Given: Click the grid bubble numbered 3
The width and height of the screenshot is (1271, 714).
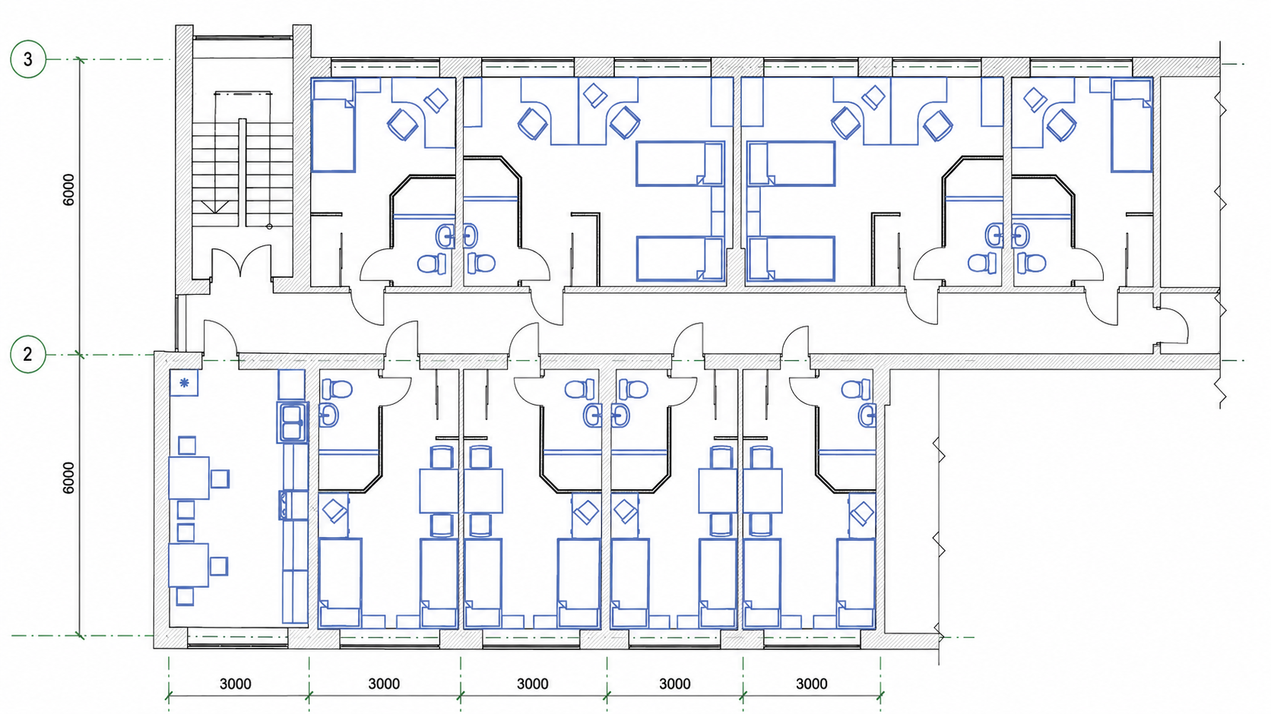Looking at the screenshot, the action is click(x=28, y=59).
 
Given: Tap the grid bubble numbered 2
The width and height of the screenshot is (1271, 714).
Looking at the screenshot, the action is click(x=28, y=355).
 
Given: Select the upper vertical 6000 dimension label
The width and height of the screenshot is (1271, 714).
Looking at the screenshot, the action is click(x=68, y=190).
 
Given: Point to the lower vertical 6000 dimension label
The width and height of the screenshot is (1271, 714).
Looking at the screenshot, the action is click(x=68, y=478).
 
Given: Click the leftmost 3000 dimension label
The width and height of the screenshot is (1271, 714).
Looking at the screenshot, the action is click(x=236, y=684).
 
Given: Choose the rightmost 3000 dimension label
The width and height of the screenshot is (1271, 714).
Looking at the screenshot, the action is click(x=811, y=684).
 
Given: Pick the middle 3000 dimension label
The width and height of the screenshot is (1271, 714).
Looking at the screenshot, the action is click(x=532, y=684).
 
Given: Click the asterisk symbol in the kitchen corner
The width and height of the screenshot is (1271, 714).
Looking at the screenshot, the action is click(x=184, y=383).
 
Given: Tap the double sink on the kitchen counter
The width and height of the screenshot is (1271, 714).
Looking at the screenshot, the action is click(x=292, y=422).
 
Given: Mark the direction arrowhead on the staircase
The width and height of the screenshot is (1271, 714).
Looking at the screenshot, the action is click(x=215, y=207).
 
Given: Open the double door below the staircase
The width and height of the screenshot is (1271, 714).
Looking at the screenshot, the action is click(x=242, y=262).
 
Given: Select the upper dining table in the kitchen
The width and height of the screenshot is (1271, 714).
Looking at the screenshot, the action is click(x=189, y=478).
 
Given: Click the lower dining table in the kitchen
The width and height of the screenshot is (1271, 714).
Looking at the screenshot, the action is click(x=189, y=565).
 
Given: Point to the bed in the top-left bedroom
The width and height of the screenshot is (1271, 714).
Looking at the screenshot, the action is click(x=333, y=125).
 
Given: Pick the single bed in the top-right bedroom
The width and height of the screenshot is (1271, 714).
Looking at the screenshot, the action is click(x=1131, y=125).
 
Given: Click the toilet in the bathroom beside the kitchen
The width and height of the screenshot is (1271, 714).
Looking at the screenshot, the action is click(x=337, y=390).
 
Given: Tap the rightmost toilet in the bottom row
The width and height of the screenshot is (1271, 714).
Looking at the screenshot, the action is click(x=856, y=390).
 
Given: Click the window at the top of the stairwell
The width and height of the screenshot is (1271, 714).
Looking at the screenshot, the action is click(x=242, y=38).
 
